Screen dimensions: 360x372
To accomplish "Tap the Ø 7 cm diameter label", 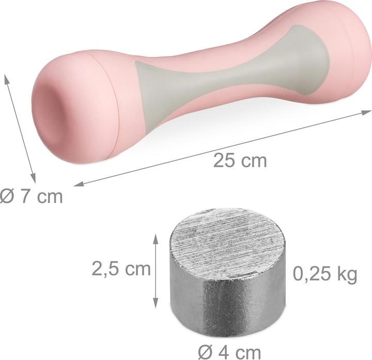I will (31, 197).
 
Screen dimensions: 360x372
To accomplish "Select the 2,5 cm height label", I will (120, 268).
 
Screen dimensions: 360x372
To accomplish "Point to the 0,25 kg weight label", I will (325, 274).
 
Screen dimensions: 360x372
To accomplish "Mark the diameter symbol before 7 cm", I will (7, 197).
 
